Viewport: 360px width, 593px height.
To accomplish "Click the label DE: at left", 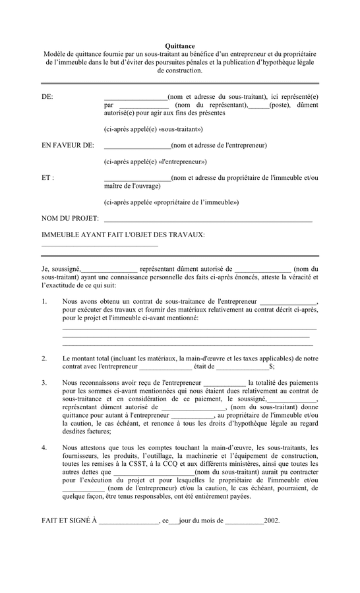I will pyautogui.click(x=47, y=97).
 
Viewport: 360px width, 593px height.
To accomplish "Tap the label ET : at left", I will pyautogui.click(x=47, y=178).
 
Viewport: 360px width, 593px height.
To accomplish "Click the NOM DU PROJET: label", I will pyautogui.click(x=70, y=218).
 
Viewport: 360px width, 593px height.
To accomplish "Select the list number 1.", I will pyautogui.click(x=44, y=301).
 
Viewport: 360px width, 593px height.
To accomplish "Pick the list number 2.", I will pyautogui.click(x=44, y=358).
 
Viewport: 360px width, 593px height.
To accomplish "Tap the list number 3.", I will pyautogui.click(x=44, y=383).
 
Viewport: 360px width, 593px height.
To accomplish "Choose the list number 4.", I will pyautogui.click(x=44, y=448).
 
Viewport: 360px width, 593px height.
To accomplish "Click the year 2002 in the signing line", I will pyautogui.click(x=272, y=521).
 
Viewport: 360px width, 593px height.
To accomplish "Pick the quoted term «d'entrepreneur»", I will pyautogui.click(x=182, y=161).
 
